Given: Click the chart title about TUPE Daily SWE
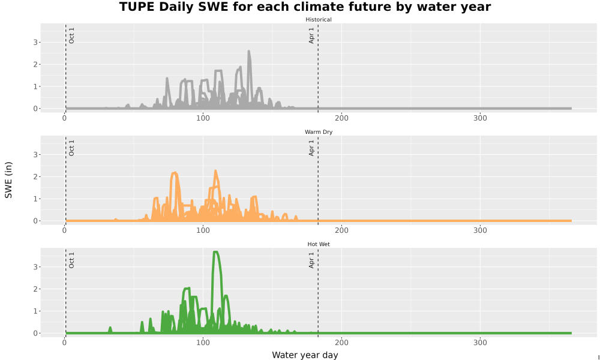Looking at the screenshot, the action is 305,7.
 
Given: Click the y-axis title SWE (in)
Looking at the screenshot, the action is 8,180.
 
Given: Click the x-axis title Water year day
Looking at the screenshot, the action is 305,355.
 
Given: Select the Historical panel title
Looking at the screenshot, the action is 319,20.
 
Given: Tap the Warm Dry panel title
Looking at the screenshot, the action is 319,132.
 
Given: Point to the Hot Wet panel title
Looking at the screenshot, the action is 319,244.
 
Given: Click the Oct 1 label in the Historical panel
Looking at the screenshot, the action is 71,35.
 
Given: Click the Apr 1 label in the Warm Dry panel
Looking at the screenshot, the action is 311,148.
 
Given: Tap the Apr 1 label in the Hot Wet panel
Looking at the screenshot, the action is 311,260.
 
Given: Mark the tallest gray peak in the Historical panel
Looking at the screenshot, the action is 249,51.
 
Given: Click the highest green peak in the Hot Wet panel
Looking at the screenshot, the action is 215,252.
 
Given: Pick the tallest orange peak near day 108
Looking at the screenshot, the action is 215,171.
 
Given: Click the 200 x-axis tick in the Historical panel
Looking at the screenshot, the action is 341,118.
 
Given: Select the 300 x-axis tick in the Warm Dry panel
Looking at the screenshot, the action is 480,230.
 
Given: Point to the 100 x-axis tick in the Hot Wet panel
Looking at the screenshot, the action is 203,343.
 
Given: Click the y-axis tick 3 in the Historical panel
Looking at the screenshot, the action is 35,43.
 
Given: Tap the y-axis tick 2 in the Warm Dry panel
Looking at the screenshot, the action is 35,177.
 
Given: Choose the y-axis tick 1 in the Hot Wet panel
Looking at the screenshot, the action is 35,311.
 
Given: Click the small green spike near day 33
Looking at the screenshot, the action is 110,328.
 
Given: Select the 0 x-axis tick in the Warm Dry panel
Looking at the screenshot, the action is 65,230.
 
